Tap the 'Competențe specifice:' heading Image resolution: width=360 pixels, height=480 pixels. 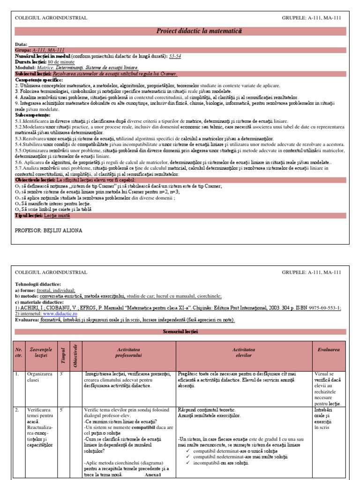(38, 80)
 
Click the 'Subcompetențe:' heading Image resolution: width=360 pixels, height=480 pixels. (32, 115)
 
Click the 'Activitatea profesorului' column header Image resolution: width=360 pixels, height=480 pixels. (129, 352)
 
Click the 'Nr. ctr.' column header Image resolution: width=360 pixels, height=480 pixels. (19, 352)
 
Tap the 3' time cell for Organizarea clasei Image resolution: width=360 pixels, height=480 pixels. (61, 374)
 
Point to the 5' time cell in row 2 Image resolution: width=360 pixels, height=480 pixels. (61, 410)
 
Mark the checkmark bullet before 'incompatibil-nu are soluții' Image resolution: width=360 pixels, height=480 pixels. (187, 463)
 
